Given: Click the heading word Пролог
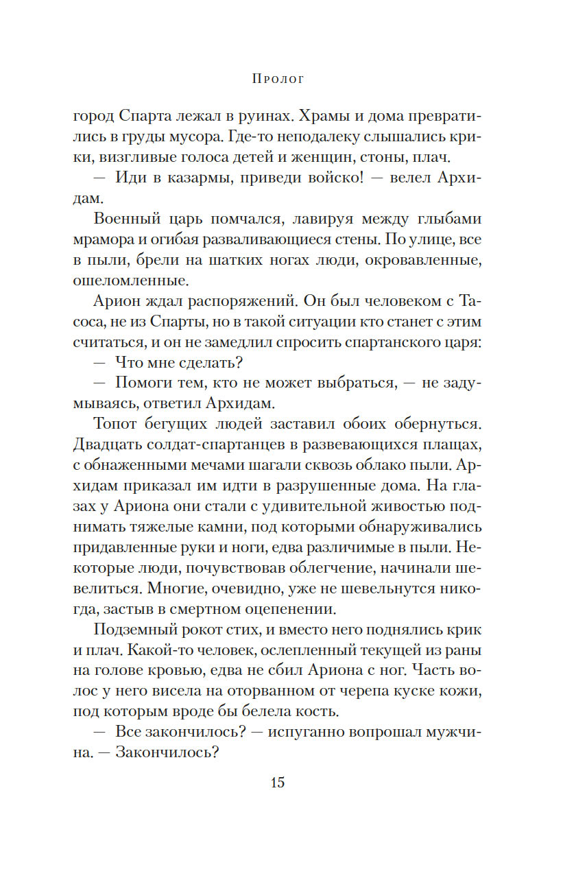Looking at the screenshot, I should point(278,79).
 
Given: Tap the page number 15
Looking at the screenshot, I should point(277,783).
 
